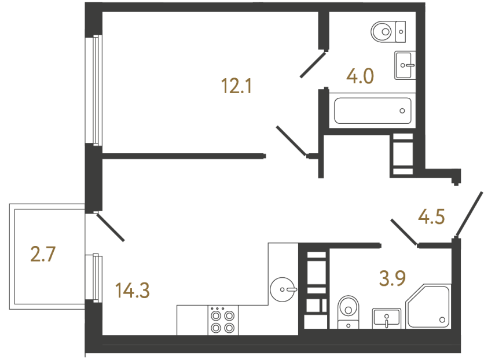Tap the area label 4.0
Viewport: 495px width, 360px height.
[360, 76]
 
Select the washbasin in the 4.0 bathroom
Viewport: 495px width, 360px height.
[404, 65]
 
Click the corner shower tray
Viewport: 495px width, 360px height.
[428, 306]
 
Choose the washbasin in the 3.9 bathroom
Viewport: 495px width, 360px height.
[386, 317]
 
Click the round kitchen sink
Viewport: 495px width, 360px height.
[284, 288]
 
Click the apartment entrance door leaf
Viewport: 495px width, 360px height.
[469, 214]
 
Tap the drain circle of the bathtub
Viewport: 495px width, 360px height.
[403, 110]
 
